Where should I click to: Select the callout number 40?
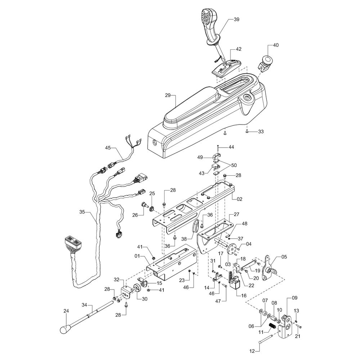tap(275, 45)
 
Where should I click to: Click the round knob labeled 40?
tap(267, 59)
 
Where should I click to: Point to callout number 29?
tap(167, 96)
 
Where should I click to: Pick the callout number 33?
tap(260, 132)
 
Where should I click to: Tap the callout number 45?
tap(108, 148)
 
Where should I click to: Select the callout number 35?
tap(82, 212)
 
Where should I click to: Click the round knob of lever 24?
tap(65, 329)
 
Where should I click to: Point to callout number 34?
tap(85, 305)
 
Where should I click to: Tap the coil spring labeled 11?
tap(272, 326)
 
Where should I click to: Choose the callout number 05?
tap(284, 257)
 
